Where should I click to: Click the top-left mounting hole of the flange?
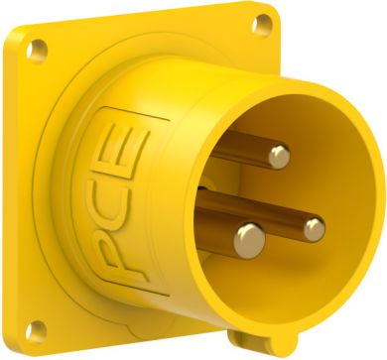click(37, 51)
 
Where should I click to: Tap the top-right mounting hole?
click(262, 25)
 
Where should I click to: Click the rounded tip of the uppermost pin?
click(279, 157)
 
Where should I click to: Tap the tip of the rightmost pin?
click(315, 230)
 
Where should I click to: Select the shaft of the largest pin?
click(215, 229)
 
